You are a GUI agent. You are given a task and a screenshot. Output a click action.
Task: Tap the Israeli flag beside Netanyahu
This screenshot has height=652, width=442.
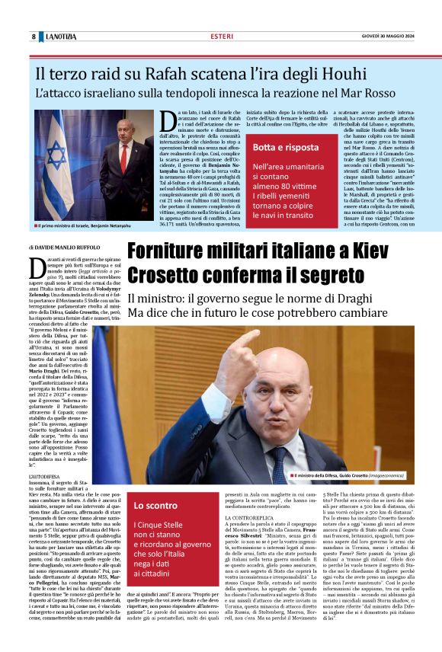(58, 160)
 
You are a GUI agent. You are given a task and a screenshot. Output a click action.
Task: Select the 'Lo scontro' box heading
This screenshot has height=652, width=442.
(155, 505)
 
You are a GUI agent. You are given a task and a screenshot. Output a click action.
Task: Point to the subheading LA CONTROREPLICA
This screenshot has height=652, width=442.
(248, 518)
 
